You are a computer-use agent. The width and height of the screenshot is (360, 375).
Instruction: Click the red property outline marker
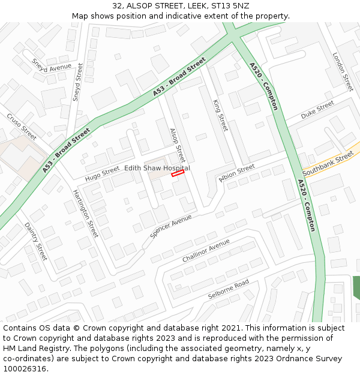pyautogui.click(x=177, y=173)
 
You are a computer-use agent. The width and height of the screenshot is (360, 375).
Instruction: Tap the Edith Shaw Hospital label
pyautogui.click(x=157, y=169)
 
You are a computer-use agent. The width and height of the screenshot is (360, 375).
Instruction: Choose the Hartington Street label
pyautogui.click(x=85, y=212)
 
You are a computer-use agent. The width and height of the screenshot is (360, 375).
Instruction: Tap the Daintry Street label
pyautogui.click(x=35, y=241)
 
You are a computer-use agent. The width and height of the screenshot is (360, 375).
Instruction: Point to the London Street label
pyautogui.click(x=343, y=71)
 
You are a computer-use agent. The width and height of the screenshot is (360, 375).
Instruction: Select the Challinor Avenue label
pyautogui.click(x=206, y=251)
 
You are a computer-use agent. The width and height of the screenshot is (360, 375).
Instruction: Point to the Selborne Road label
pyautogui.click(x=228, y=289)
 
